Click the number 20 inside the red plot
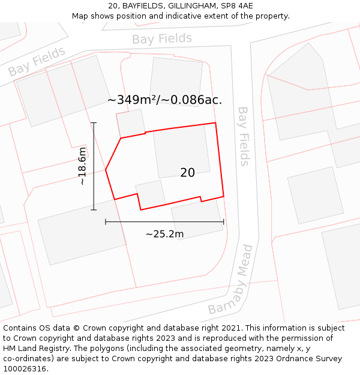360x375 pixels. (x=187, y=173)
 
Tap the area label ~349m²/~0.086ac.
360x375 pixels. (x=164, y=100)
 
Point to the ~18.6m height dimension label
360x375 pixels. (x=82, y=166)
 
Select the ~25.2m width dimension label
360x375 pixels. (x=164, y=234)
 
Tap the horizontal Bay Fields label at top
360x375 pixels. (x=162, y=39)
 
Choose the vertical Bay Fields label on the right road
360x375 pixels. (x=244, y=136)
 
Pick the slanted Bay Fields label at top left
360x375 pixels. (x=37, y=61)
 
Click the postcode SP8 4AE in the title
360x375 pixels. (x=237, y=6)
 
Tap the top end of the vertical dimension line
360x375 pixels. (x=94, y=123)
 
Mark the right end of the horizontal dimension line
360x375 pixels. (x=223, y=222)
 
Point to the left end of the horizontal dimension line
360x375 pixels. (x=106, y=222)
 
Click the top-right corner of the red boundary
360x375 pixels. (x=215, y=123)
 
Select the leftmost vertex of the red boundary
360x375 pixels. (x=106, y=170)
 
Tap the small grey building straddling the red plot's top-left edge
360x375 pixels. (x=130, y=123)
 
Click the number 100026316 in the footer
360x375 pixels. (x=23, y=369)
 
